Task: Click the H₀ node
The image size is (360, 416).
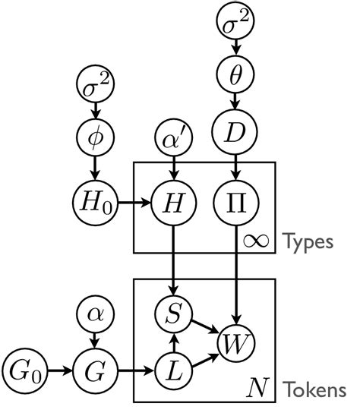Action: click(96, 203)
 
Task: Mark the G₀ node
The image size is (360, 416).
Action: click(25, 373)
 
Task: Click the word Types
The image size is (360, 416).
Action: click(308, 242)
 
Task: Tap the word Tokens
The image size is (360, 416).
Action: click(314, 390)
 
